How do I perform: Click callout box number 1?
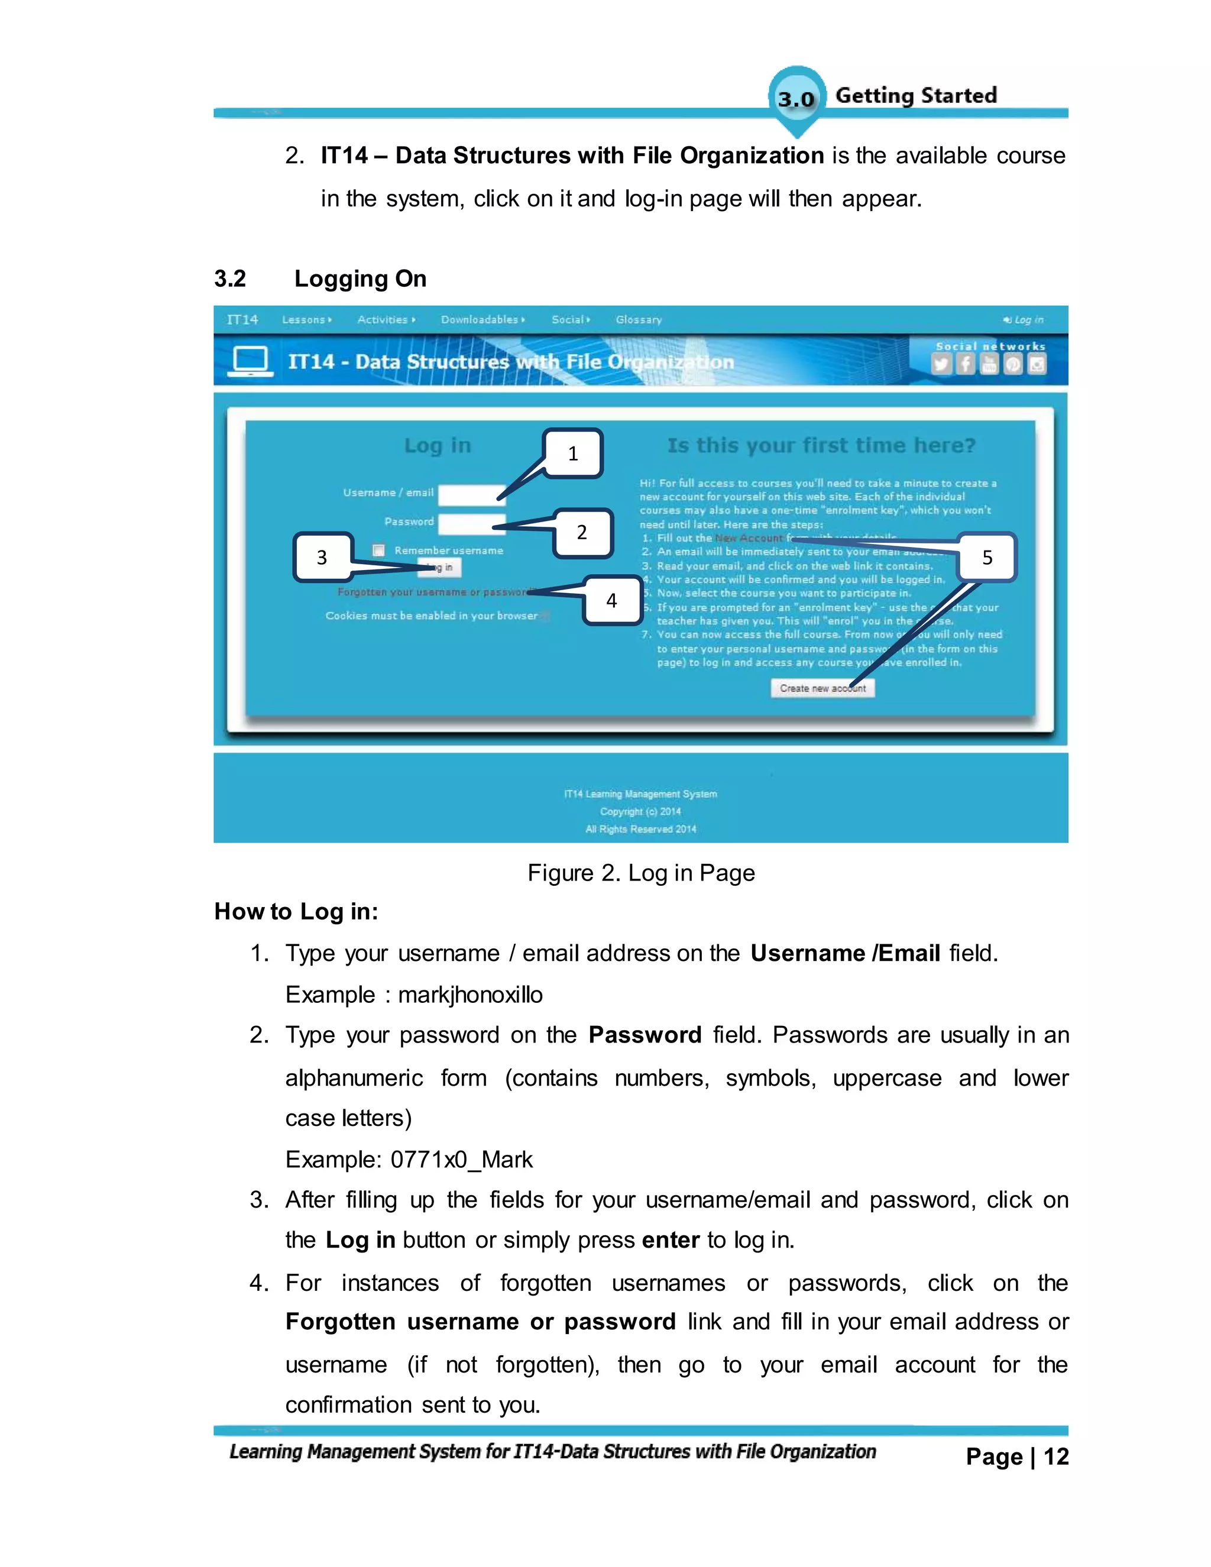(572, 454)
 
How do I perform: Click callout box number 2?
(582, 532)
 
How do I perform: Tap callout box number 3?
(322, 557)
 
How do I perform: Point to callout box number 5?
(987, 558)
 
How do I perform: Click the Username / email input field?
(471, 494)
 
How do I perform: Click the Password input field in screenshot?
(471, 524)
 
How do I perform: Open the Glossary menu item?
(639, 320)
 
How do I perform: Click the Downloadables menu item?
(481, 320)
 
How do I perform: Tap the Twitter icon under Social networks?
(941, 364)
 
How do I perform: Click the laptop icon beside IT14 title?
(250, 361)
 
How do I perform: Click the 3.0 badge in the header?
(796, 99)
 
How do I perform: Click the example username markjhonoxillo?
(470, 995)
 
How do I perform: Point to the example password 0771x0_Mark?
(461, 1160)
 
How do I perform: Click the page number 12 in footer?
(1055, 1456)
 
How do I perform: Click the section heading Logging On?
(360, 279)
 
